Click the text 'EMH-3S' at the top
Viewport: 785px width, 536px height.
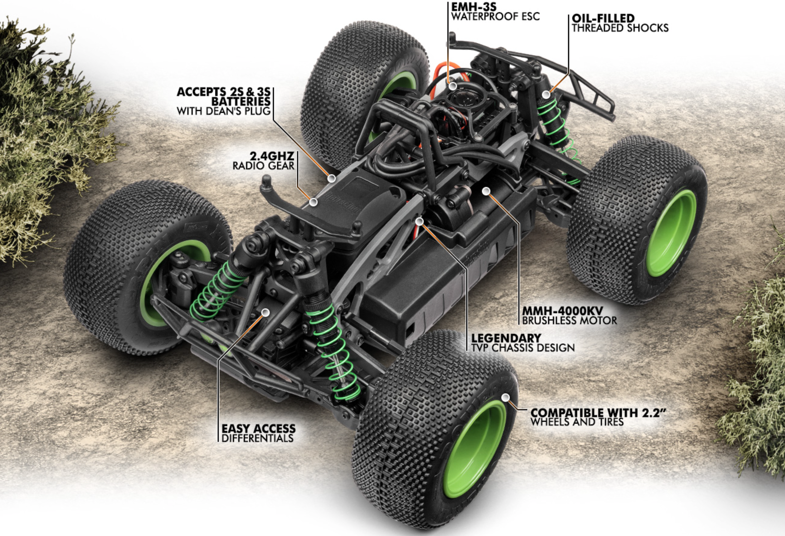[473, 7]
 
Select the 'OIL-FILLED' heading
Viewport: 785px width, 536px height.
[603, 18]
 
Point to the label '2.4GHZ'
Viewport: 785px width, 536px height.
[272, 156]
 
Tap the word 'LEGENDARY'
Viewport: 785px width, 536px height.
[506, 338]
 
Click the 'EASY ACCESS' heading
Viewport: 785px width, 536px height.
[259, 429]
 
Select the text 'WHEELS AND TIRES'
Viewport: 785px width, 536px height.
[577, 422]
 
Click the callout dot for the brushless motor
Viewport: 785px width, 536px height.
[486, 192]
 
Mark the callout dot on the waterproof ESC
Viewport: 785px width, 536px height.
[453, 86]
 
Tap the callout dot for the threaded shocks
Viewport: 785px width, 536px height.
[546, 94]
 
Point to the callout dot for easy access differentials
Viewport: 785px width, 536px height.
[266, 313]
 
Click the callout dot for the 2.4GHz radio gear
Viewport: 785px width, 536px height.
[313, 202]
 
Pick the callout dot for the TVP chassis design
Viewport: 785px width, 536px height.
[419, 222]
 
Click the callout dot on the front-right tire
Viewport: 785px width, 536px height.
[505, 397]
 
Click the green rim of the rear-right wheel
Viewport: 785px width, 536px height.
[670, 233]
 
